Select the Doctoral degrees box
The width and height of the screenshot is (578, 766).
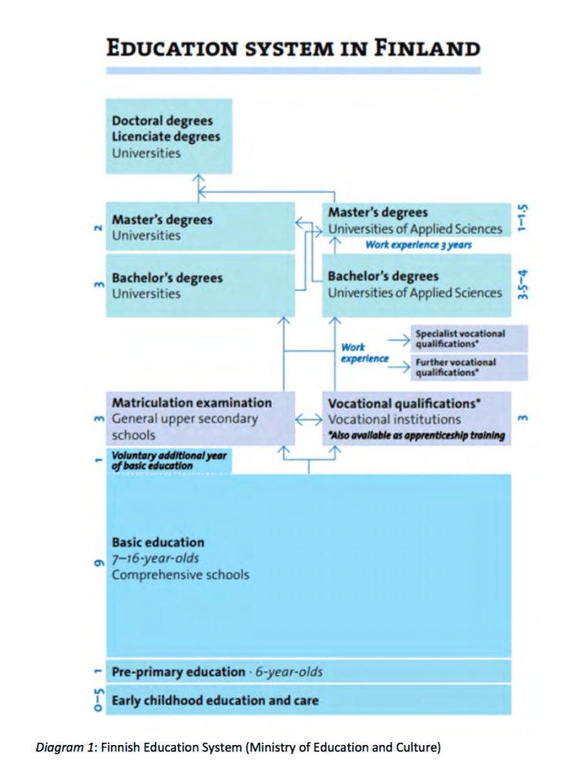pyautogui.click(x=168, y=137)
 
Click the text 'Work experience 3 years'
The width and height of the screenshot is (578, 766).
pyautogui.click(x=418, y=244)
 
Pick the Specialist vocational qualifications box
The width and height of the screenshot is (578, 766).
pyautogui.click(x=469, y=338)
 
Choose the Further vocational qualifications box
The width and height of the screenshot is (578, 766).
pyautogui.click(x=469, y=367)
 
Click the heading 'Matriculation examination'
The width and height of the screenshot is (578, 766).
pyautogui.click(x=191, y=402)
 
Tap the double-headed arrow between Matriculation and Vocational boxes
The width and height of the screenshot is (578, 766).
pyautogui.click(x=308, y=419)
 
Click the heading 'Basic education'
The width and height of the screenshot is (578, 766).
pyautogui.click(x=158, y=542)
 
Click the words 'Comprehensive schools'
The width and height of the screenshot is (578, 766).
pyautogui.click(x=181, y=574)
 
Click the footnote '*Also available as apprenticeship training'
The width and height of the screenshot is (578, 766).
pyautogui.click(x=417, y=436)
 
